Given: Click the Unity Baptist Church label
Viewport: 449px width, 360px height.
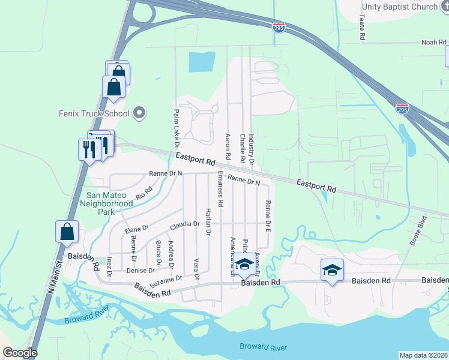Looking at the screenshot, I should click(x=400, y=7).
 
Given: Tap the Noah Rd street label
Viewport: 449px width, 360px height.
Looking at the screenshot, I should click(x=434, y=43).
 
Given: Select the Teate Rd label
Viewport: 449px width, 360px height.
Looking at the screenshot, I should click(x=363, y=28).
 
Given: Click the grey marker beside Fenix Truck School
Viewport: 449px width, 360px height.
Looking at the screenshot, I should click(x=140, y=113).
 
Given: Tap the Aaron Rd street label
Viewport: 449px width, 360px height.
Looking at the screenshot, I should click(x=228, y=146).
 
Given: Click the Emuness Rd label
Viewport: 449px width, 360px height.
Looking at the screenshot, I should click(x=220, y=190).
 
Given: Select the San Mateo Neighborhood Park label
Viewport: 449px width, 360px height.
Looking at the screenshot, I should click(x=110, y=200).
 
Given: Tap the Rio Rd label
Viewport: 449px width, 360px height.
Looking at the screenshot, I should click(x=143, y=192).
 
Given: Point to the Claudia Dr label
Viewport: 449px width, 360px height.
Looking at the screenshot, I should click(x=184, y=225).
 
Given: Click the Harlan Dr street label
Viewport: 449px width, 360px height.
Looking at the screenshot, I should click(x=208, y=222).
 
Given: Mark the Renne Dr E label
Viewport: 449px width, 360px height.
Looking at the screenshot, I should click(x=268, y=217).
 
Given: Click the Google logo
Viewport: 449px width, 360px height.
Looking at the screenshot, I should click(x=20, y=353).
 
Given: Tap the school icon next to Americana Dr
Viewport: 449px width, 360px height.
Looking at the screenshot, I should click(x=244, y=263).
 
